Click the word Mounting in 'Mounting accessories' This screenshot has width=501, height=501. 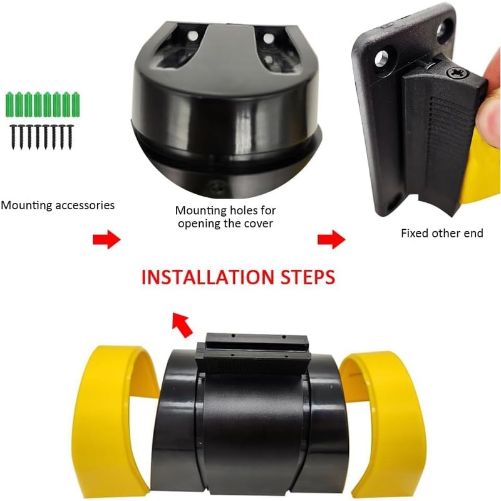click(x=26, y=205)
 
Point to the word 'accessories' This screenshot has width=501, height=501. click(x=85, y=205)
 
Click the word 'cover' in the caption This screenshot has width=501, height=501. click(x=257, y=224)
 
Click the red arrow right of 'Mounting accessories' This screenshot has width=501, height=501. click(x=106, y=239)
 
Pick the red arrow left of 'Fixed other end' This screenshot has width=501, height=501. click(x=331, y=239)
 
